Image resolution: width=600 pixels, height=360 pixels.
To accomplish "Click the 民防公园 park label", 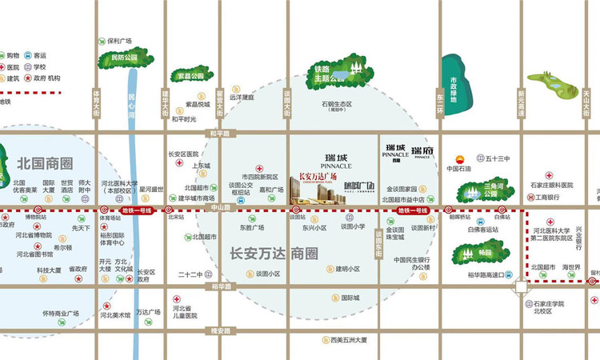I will coord(124,58).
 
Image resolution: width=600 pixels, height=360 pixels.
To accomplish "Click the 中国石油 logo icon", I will coord(459,158).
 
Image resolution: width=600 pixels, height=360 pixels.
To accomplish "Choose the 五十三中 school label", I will coord(497,158).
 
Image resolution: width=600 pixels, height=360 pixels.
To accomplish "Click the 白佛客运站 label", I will coord(487,230).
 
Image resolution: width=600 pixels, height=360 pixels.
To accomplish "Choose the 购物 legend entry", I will coord(13,56).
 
